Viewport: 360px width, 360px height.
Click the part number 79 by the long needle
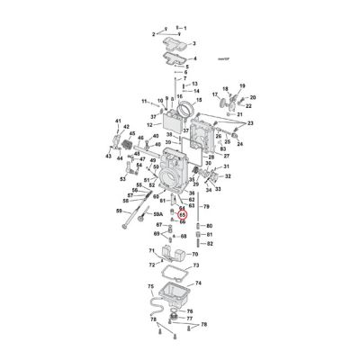[x=207, y=207]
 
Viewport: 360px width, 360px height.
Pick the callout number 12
[x=148, y=124]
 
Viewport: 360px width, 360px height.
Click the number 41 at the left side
[x=117, y=121]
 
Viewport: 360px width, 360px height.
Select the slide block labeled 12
[x=167, y=121]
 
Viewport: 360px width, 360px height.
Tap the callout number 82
[x=210, y=243]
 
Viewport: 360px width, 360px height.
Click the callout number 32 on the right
[x=227, y=178]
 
